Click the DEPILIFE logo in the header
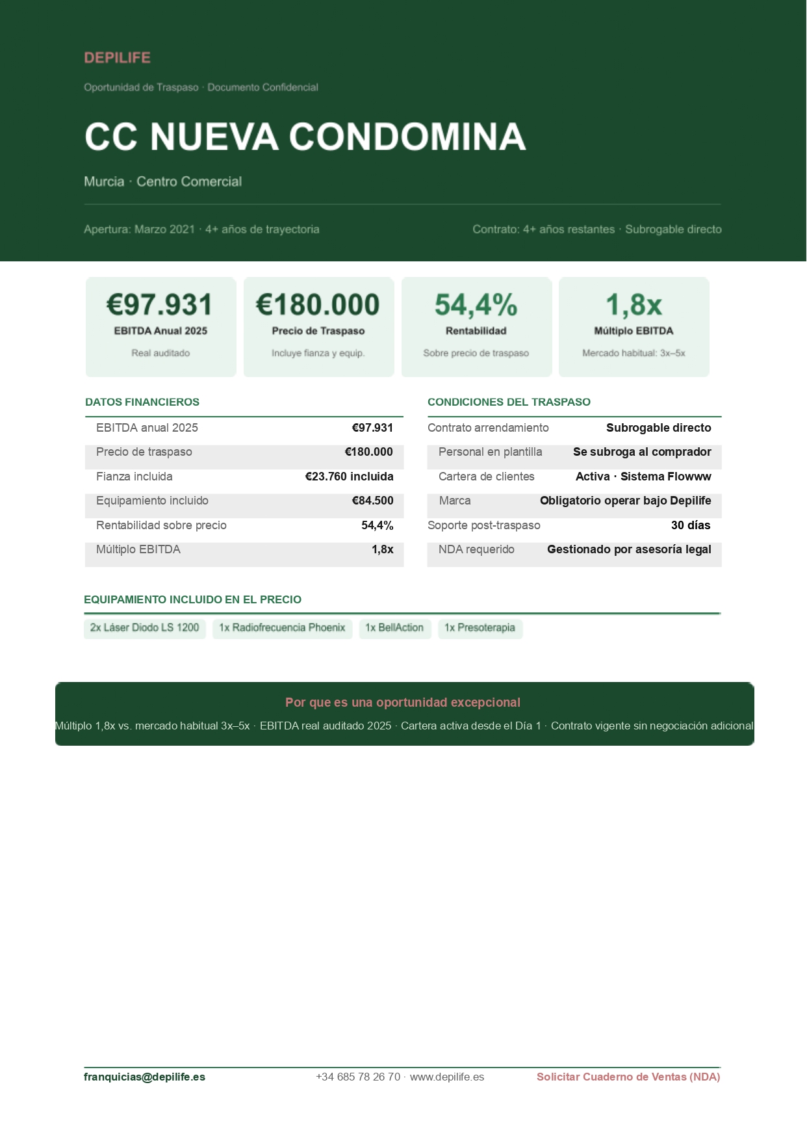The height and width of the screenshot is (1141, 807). click(x=117, y=58)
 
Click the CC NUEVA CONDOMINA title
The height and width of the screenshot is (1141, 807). click(x=305, y=137)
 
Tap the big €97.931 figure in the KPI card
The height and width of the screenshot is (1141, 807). click(x=160, y=305)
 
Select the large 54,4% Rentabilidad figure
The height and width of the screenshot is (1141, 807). click(x=476, y=305)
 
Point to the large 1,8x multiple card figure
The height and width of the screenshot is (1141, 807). click(x=634, y=305)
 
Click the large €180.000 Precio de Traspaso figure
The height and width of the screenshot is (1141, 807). click(x=318, y=305)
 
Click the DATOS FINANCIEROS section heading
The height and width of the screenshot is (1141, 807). click(x=142, y=402)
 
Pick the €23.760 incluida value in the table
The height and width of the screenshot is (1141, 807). click(x=349, y=477)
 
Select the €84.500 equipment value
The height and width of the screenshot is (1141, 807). click(x=372, y=501)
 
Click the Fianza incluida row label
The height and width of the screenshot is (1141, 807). click(x=134, y=477)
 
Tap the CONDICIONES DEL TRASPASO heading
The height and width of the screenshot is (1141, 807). click(x=509, y=402)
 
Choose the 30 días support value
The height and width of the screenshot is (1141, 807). click(x=691, y=525)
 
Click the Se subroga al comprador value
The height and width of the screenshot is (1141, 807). click(x=642, y=452)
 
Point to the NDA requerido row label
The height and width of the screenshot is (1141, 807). click(x=476, y=549)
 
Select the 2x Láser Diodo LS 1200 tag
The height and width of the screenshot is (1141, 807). click(x=145, y=628)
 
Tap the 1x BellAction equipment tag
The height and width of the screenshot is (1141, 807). click(x=394, y=628)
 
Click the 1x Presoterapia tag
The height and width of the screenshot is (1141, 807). click(x=480, y=628)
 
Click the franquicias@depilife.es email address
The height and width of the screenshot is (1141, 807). click(x=144, y=1077)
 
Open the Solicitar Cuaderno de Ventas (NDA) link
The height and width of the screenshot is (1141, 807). click(x=628, y=1077)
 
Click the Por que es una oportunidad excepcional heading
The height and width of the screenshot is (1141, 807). click(x=403, y=702)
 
